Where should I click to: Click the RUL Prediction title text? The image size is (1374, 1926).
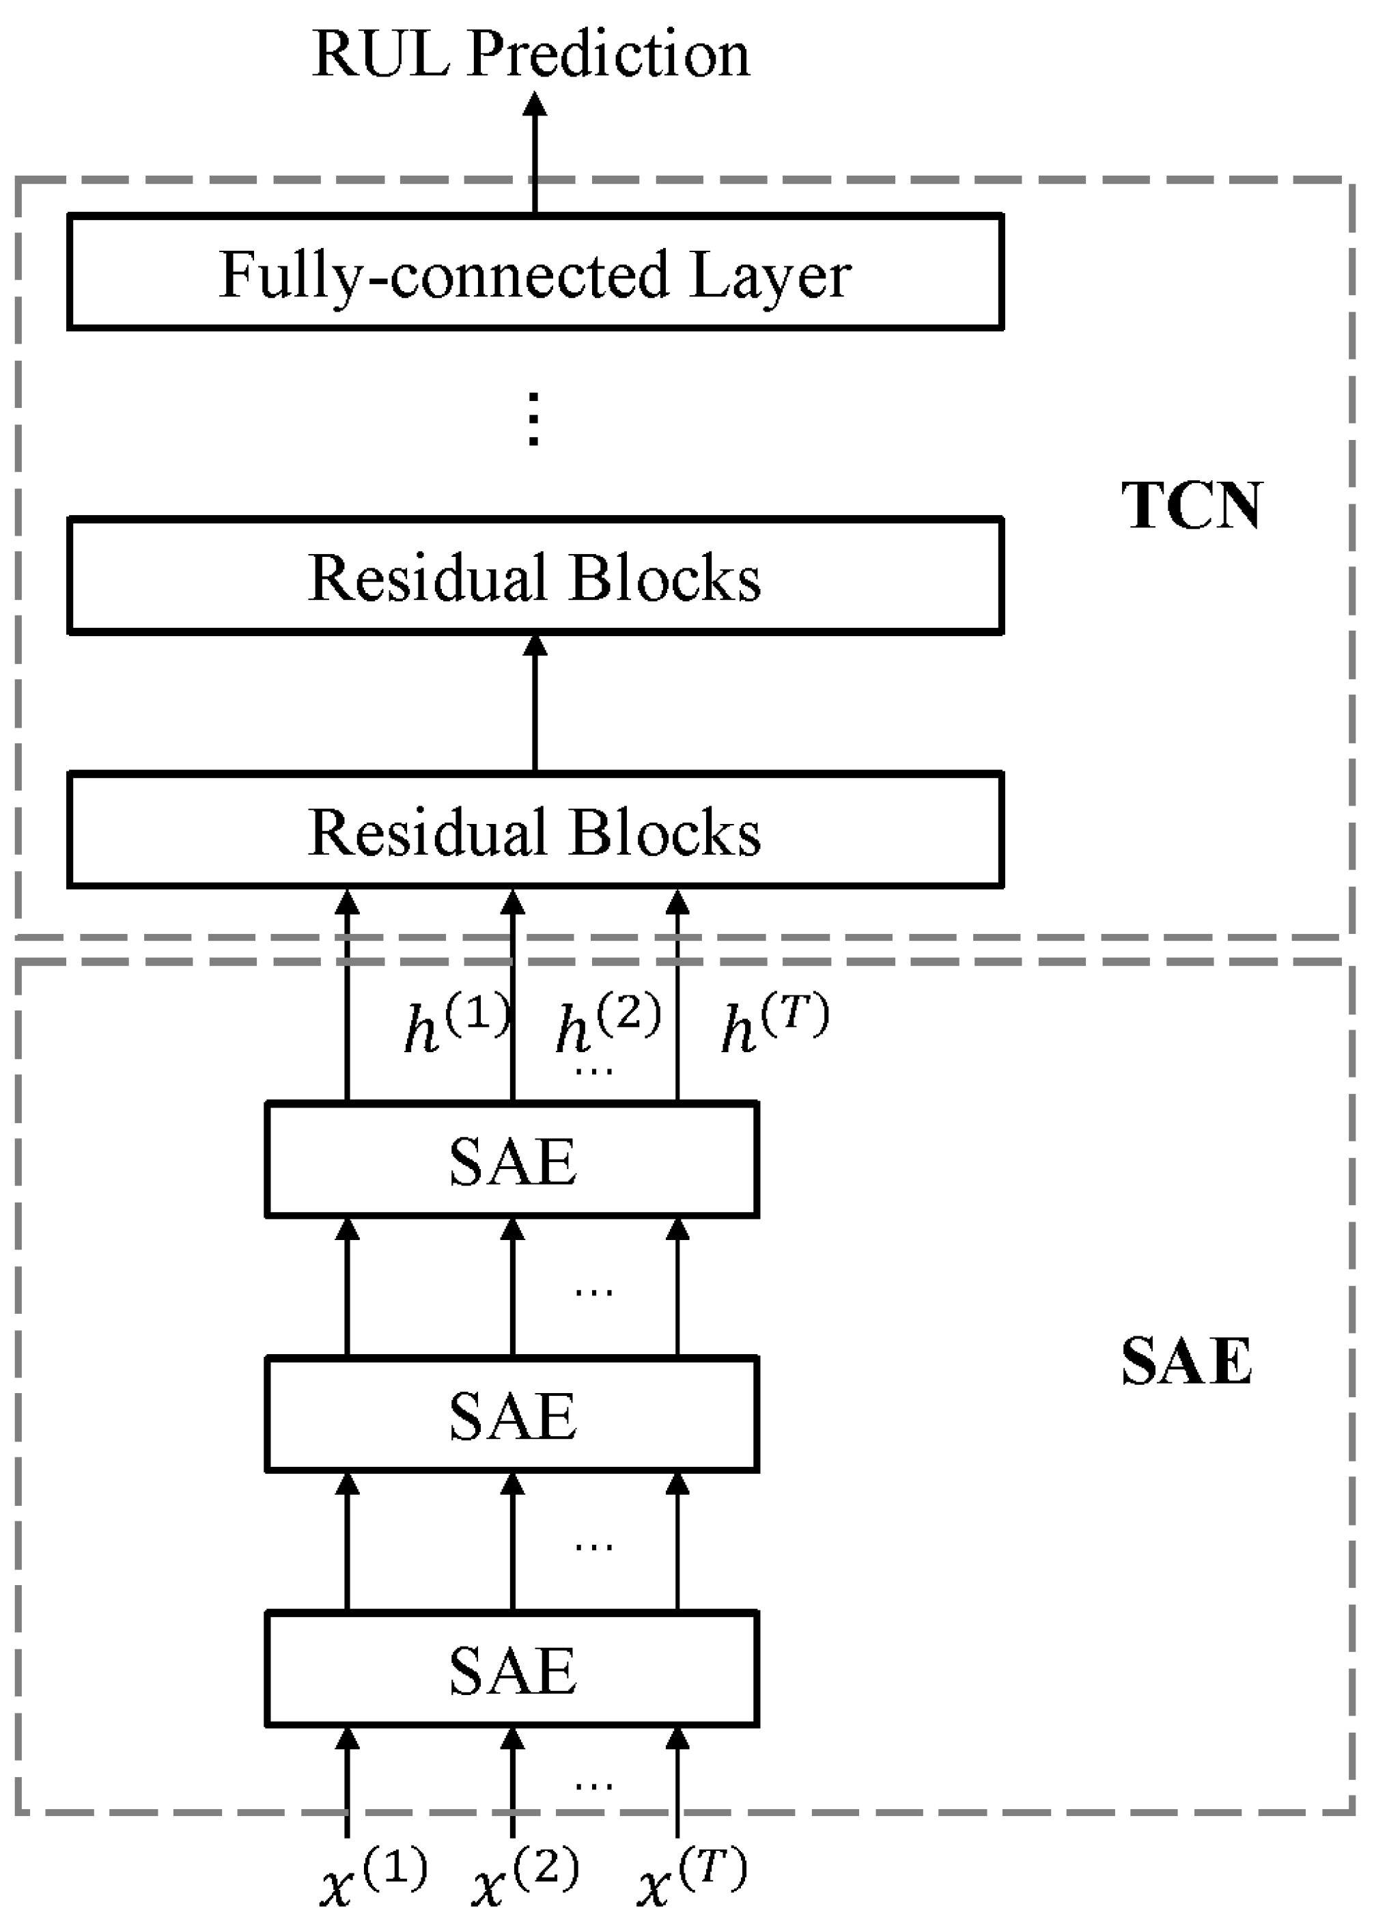(531, 55)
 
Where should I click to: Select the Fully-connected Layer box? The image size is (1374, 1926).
(535, 273)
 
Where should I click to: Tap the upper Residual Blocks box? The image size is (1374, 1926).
(535, 575)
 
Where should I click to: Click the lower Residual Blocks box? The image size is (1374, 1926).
(535, 830)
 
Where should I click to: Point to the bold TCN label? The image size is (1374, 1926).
(1191, 506)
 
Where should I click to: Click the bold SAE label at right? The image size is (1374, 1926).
(1186, 1362)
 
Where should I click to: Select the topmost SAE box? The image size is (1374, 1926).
(512, 1160)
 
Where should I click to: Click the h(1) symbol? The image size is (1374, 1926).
(455, 1026)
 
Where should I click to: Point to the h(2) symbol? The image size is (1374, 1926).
(608, 1026)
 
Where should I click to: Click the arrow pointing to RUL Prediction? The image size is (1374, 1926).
(535, 152)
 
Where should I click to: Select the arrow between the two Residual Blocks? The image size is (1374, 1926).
(535, 702)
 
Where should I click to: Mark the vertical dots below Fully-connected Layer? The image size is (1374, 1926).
(533, 419)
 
